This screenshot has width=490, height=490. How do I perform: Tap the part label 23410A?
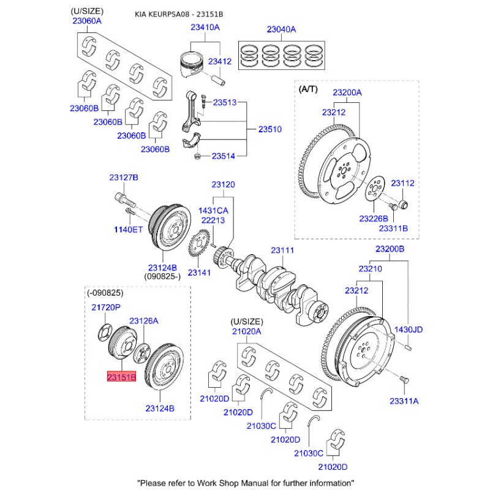(x=205, y=28)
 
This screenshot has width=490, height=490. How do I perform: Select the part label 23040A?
(x=281, y=29)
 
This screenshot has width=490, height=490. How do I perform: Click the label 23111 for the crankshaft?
(x=283, y=251)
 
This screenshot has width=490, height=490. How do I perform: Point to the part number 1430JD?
(x=408, y=330)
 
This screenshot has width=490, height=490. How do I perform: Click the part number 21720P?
(x=107, y=307)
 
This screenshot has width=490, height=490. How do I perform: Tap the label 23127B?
(x=124, y=178)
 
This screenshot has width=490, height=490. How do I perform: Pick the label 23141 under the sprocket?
(x=200, y=272)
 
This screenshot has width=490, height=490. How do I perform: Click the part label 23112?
(x=403, y=183)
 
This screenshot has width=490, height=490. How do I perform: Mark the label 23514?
(x=224, y=156)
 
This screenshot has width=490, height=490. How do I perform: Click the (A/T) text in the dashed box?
(x=309, y=89)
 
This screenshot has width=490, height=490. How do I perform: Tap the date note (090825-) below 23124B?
(x=162, y=276)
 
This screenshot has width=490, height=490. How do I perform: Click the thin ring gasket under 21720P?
(x=104, y=333)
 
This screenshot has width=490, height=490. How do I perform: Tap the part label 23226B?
(x=373, y=219)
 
